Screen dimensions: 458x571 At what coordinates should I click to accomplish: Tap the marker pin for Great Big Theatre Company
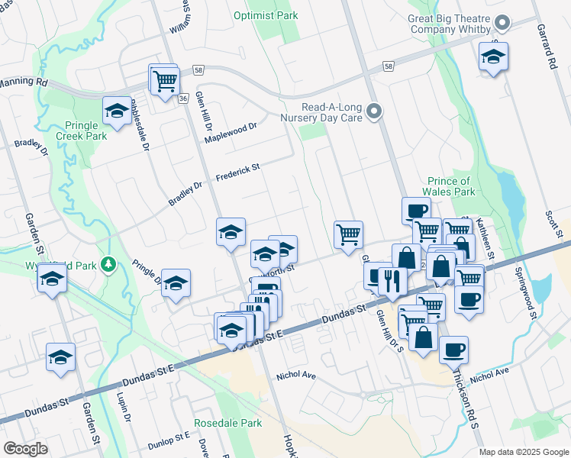point(502,22)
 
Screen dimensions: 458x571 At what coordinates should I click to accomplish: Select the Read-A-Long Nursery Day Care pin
point(373,112)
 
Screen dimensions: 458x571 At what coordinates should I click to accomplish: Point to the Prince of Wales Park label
point(450,186)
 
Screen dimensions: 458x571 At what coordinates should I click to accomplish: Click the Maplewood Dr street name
point(231,131)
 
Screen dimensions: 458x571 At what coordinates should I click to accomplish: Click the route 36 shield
point(183,98)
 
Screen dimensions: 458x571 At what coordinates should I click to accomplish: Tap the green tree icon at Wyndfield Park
point(108,264)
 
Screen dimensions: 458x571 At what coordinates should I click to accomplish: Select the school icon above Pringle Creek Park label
point(117,111)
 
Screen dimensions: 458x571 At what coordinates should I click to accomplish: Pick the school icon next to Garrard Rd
point(493,56)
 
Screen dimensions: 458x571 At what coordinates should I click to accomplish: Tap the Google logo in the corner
point(26,449)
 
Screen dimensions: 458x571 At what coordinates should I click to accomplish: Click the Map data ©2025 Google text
point(523,452)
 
